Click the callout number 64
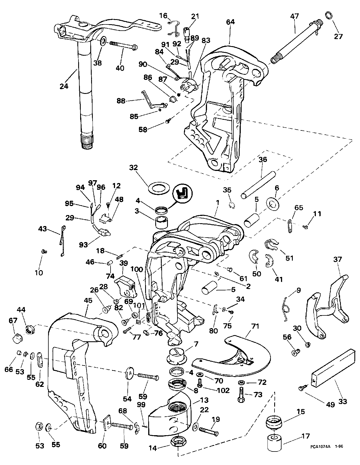point(230,22)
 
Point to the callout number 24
point(64,86)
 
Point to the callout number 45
point(88,300)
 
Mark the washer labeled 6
point(273,203)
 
